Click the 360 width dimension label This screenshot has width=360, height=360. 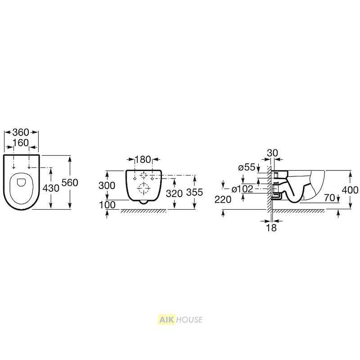21,132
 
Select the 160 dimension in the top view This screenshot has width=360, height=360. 21,143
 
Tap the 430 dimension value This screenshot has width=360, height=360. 51,188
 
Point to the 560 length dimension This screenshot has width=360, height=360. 70,183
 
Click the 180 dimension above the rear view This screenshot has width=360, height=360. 143,160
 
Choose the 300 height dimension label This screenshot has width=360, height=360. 107,185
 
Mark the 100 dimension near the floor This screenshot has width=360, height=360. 107,205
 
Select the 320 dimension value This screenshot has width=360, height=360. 174,193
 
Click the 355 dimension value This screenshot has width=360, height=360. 194,193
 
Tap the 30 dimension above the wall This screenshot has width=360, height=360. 273,153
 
